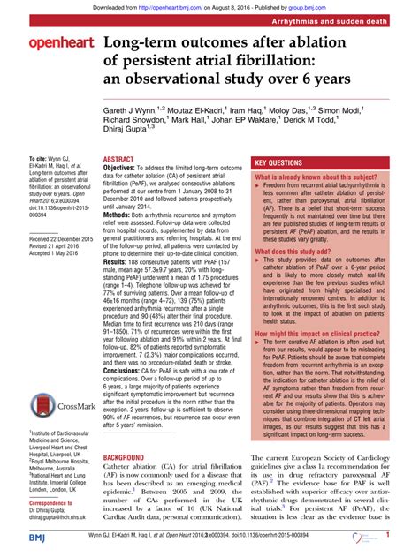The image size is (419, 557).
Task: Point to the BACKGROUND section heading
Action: coord(128,458)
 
